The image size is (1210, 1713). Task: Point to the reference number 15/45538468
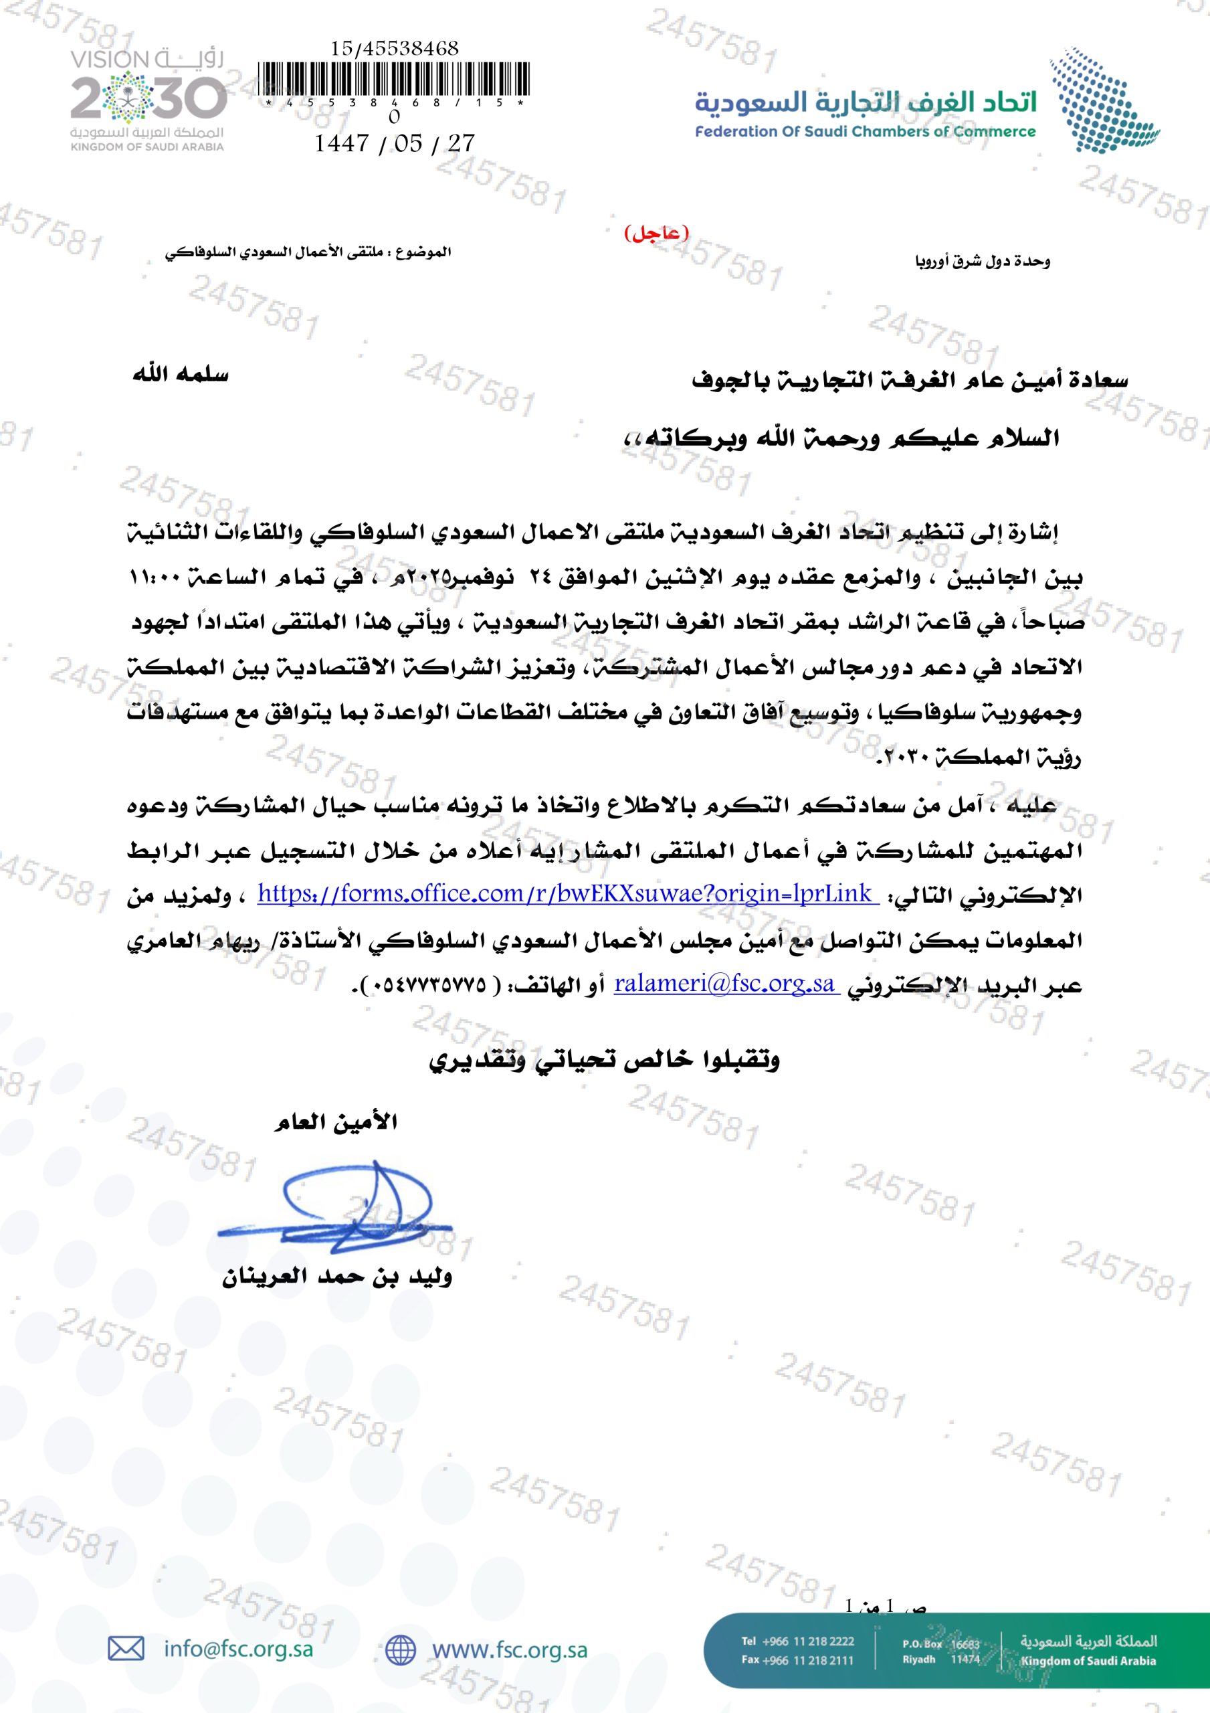(394, 48)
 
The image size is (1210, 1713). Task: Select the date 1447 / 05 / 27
(394, 143)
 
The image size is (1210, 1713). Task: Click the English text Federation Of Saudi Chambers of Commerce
(866, 132)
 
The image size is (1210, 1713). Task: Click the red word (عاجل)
(656, 234)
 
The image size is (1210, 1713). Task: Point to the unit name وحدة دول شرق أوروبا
(982, 261)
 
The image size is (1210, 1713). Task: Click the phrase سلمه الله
(181, 375)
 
